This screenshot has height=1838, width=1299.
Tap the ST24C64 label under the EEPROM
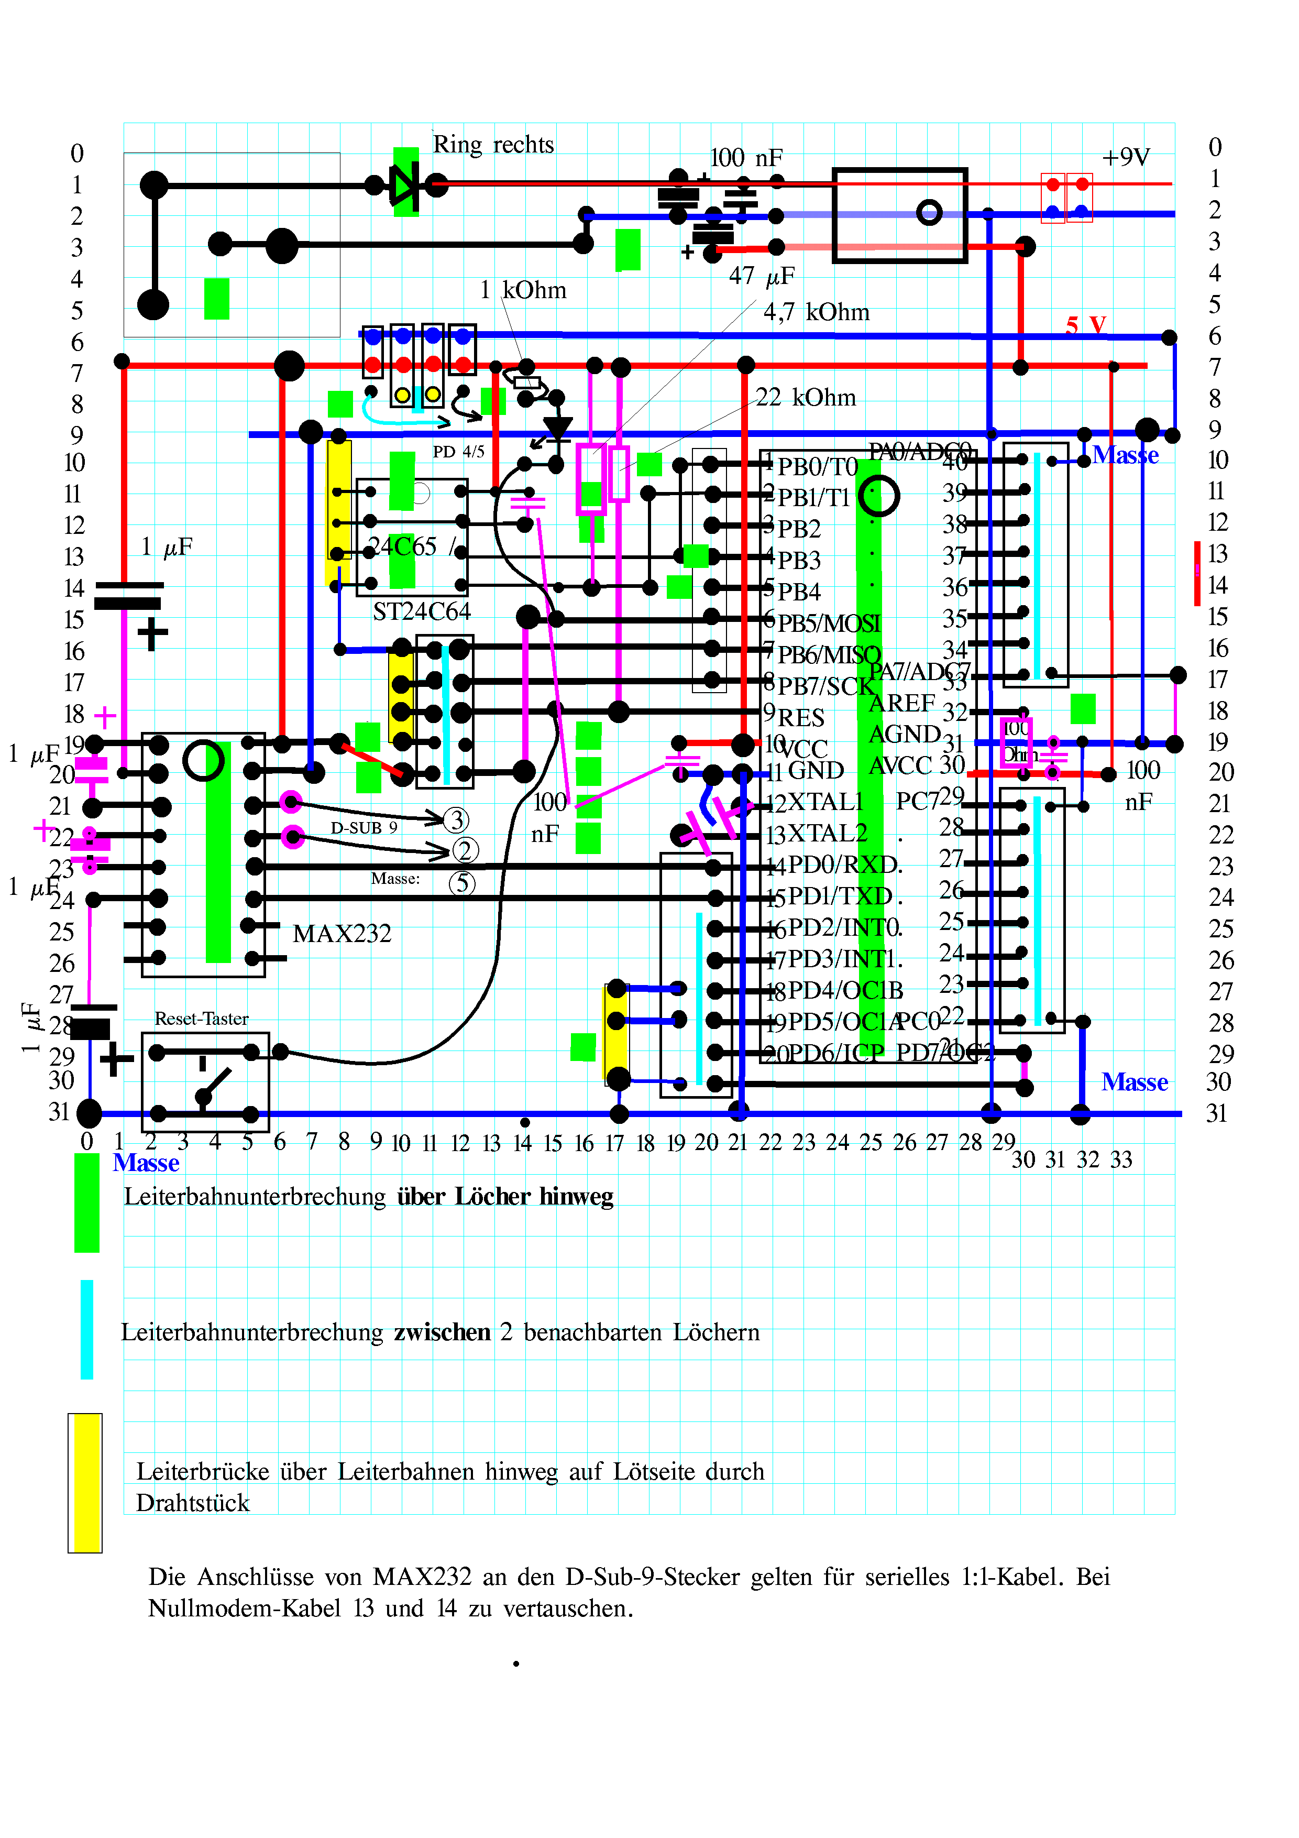point(422,611)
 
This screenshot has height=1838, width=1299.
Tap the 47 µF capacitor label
point(761,276)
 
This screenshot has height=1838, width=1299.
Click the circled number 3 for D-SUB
point(456,820)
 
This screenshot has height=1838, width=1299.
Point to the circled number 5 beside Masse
point(462,884)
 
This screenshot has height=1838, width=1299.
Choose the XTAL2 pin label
point(827,834)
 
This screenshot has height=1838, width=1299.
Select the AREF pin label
point(901,703)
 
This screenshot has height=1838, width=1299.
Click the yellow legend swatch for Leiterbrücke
point(85,1483)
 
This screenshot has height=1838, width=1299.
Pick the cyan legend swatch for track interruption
point(86,1330)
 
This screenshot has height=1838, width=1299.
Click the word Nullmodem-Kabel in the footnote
point(244,1609)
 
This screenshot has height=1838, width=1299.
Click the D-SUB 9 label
point(364,828)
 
